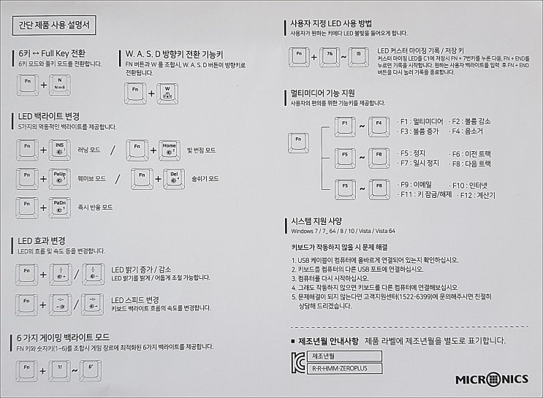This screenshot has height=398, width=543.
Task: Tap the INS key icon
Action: pyautogui.click(x=60, y=150)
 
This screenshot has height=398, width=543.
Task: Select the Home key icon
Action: pyautogui.click(x=170, y=150)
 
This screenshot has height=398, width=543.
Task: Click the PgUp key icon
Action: pyautogui.click(x=60, y=179)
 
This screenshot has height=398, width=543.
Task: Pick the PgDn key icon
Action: pyautogui.click(x=60, y=207)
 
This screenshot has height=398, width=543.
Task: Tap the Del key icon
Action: pyautogui.click(x=174, y=179)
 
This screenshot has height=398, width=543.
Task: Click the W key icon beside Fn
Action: pyautogui.click(x=167, y=92)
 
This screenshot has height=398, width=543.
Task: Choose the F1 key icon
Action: pyautogui.click(x=345, y=126)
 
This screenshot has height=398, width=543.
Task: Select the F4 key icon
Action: pyautogui.click(x=379, y=126)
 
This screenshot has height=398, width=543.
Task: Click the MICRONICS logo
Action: pyautogui.click(x=490, y=380)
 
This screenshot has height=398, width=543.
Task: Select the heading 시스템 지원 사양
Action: pyautogui.click(x=316, y=221)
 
